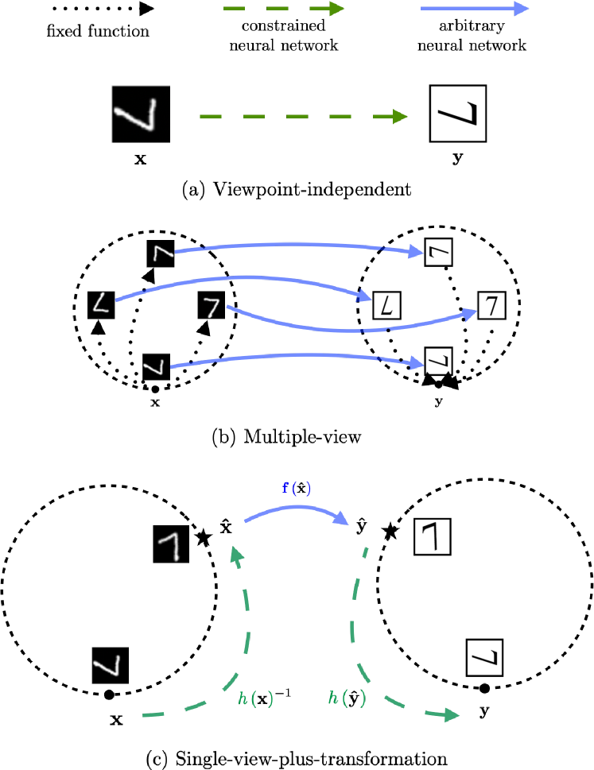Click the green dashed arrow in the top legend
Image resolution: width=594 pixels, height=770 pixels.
tap(283, 9)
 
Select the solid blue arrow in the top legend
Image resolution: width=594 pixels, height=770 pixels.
tap(474, 9)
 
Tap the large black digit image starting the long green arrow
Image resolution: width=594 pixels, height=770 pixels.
tap(141, 114)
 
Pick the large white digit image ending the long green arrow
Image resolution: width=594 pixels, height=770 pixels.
tap(458, 114)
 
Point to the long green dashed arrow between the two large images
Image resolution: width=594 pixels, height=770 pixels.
tap(302, 117)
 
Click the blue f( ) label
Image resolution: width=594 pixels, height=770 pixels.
tap(297, 488)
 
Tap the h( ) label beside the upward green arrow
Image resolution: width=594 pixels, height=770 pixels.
tap(256, 699)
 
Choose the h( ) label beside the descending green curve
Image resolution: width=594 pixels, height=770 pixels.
tap(347, 698)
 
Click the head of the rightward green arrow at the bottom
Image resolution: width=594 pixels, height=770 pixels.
tap(452, 715)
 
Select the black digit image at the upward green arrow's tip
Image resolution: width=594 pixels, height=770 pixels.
tap(170, 546)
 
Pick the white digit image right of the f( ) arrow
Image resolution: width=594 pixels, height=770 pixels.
tap(433, 536)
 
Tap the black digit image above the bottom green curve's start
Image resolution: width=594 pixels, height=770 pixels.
tap(110, 665)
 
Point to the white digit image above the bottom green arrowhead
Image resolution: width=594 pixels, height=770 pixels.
tap(484, 658)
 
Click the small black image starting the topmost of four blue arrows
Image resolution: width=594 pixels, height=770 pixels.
tap(161, 254)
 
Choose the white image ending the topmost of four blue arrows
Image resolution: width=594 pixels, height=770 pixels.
tap(438, 252)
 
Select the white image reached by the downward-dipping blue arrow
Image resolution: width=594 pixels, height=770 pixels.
tap(491, 305)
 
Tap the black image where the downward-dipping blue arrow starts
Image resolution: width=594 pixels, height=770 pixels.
tap(212, 305)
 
